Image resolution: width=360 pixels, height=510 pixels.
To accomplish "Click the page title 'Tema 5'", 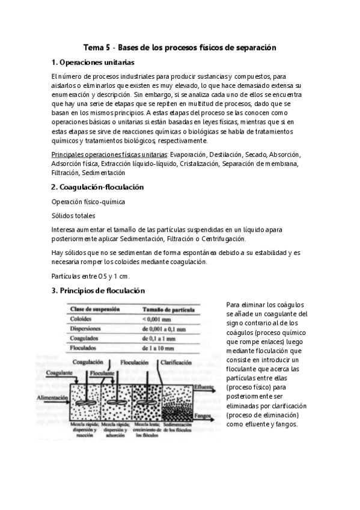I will [93, 46].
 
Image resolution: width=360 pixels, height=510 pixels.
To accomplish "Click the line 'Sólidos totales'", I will [74, 215].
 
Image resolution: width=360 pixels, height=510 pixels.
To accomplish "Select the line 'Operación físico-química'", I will [89, 202].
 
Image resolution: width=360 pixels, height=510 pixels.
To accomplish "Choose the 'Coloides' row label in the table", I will [81, 319].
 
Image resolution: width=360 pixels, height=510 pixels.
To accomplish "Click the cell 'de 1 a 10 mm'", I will [160, 348].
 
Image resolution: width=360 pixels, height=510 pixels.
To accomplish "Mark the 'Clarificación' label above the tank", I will [177, 363].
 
